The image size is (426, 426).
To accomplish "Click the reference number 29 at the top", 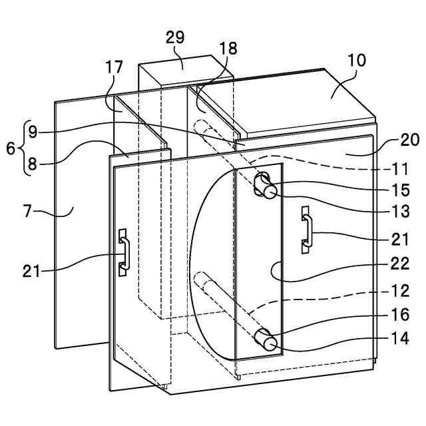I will click(x=175, y=37).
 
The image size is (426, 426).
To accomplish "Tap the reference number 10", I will click(x=356, y=60).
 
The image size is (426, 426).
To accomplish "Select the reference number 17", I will click(x=113, y=67).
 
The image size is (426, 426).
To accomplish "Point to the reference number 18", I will click(x=228, y=49).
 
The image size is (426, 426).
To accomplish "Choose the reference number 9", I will click(x=31, y=132).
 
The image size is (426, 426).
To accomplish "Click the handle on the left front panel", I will click(x=123, y=252).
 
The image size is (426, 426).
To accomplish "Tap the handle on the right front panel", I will click(x=306, y=230).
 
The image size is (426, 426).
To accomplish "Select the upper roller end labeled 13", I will click(x=270, y=192).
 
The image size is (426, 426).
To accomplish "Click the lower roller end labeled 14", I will click(x=271, y=343).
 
